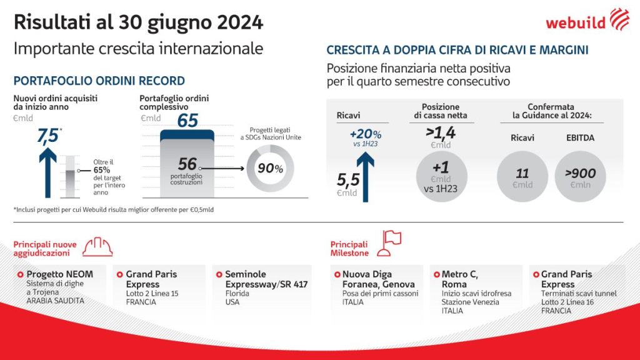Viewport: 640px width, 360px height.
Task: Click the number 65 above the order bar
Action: [187, 120]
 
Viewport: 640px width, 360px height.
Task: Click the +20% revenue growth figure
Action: [366, 134]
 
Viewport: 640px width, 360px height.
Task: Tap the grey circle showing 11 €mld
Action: [522, 177]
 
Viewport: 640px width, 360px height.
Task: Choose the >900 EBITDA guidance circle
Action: [580, 177]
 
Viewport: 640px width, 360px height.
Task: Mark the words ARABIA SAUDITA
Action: [55, 301]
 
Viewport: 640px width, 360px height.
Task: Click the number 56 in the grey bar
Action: [187, 164]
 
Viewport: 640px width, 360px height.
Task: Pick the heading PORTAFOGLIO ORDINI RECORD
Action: [99, 81]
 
